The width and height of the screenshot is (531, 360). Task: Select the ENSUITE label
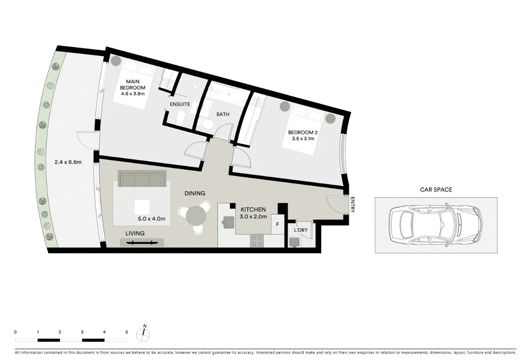click(180, 104)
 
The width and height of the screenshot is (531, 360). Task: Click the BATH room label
click(223, 114)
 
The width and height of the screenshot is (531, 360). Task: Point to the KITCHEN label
click(253, 209)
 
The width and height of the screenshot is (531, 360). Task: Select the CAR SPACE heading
click(436, 189)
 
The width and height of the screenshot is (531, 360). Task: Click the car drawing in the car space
click(436, 225)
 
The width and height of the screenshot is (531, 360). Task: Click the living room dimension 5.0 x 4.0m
click(151, 219)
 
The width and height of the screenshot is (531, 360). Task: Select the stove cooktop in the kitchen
click(257, 241)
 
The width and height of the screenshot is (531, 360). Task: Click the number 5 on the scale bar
click(126, 332)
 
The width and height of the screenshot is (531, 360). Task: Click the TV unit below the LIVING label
click(142, 242)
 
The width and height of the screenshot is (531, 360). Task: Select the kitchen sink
click(228, 222)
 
